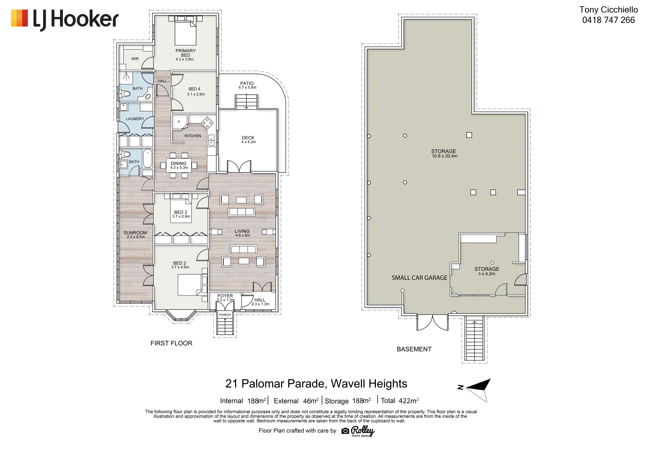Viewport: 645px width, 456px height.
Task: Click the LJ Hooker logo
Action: [x=65, y=20]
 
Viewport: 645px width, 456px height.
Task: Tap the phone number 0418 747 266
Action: [x=608, y=20]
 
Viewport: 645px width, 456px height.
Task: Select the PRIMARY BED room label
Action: [x=185, y=53]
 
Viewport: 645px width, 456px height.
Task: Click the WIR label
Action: [x=135, y=59]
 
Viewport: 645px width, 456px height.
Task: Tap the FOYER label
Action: [x=225, y=296]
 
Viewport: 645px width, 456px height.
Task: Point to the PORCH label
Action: [x=225, y=315]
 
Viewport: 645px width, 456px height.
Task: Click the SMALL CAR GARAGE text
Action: [x=419, y=278]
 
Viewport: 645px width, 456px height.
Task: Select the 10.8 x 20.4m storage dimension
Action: [x=444, y=156]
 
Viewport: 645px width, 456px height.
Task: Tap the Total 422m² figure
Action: [x=400, y=401]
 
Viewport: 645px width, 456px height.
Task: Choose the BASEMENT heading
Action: [x=414, y=349]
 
